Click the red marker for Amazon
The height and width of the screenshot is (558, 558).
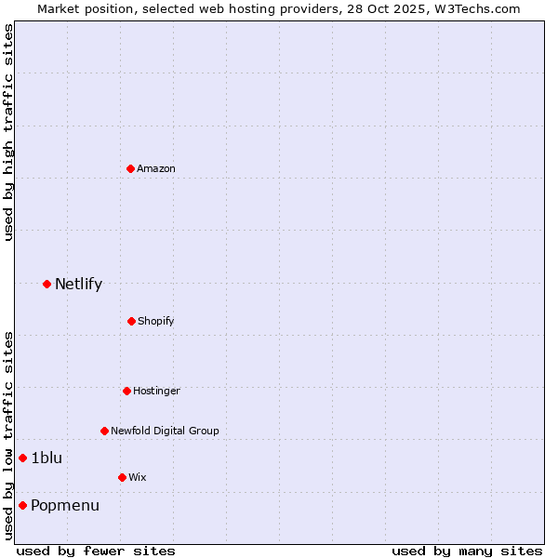pyautogui.click(x=130, y=168)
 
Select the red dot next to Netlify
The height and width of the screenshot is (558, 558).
pyautogui.click(x=46, y=284)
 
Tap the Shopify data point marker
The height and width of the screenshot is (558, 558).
pyautogui.click(x=131, y=321)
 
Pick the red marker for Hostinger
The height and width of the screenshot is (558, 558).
pyautogui.click(x=126, y=391)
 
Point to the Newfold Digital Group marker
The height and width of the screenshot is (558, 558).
pyautogui.click(x=104, y=431)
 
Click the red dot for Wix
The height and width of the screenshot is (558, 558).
pyautogui.click(x=122, y=477)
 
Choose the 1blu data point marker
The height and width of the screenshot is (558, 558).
pyautogui.click(x=22, y=458)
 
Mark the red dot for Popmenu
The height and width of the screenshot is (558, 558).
pyautogui.click(x=22, y=505)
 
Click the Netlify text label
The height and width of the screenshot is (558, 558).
pyautogui.click(x=78, y=285)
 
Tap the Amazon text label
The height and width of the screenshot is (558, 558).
pyautogui.click(x=156, y=169)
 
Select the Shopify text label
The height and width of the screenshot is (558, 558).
pyautogui.click(x=156, y=322)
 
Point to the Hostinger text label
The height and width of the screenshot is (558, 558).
pyautogui.click(x=156, y=392)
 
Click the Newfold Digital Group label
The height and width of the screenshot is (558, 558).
pyautogui.click(x=165, y=432)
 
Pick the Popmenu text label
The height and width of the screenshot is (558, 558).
pyautogui.click(x=64, y=506)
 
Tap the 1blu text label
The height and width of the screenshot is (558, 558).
pyautogui.click(x=46, y=458)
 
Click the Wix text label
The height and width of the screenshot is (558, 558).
pyautogui.click(x=138, y=478)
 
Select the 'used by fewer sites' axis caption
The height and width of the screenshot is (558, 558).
pyautogui.click(x=96, y=551)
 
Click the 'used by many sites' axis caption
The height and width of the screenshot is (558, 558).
pyautogui.click(x=467, y=551)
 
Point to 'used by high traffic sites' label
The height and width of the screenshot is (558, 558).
pyautogui.click(x=8, y=132)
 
